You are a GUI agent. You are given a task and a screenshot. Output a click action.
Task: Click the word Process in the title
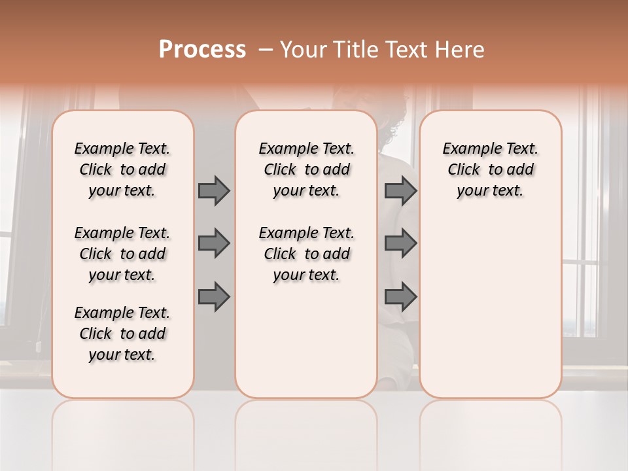(x=202, y=49)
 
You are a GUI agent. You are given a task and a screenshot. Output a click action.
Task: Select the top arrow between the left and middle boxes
(x=214, y=190)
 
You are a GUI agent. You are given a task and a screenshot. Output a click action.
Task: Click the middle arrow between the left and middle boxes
(x=214, y=243)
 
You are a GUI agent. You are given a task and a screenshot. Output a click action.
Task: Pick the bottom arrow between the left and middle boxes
(x=214, y=297)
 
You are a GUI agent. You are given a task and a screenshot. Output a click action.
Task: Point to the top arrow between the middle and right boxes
(x=400, y=190)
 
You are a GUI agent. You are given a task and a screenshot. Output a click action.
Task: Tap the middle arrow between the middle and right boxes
(x=400, y=243)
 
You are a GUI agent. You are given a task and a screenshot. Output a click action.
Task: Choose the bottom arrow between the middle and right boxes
(x=400, y=297)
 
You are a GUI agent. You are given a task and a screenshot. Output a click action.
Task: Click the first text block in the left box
(x=122, y=169)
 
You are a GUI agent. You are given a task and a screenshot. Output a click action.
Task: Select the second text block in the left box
(x=122, y=254)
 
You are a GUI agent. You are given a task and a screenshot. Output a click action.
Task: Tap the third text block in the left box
(x=122, y=334)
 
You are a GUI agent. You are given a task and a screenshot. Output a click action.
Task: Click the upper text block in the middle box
(x=306, y=169)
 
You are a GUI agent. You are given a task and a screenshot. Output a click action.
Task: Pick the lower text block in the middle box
(x=306, y=254)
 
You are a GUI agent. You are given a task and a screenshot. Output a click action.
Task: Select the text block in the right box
(x=491, y=169)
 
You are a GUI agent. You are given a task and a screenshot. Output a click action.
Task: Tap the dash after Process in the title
(x=266, y=50)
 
